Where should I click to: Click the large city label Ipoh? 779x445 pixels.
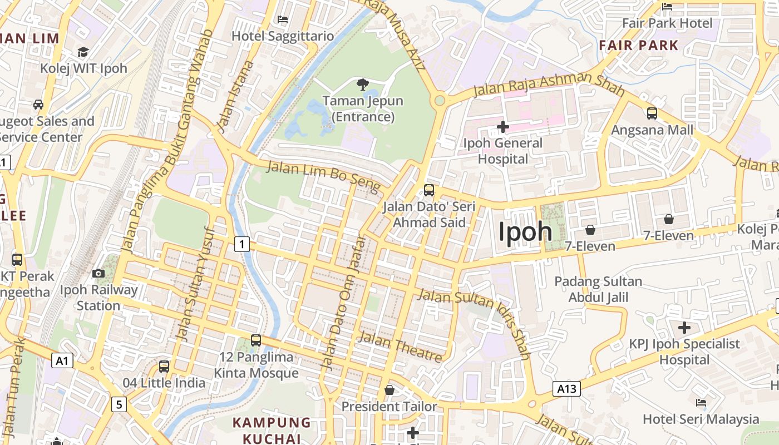click(x=525, y=232)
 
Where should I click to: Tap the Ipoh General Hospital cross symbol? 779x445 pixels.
click(x=502, y=127)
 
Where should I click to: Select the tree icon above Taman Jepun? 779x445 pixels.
click(x=363, y=85)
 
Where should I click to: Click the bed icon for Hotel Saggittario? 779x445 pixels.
click(x=282, y=19)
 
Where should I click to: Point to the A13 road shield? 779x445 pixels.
click(x=566, y=389)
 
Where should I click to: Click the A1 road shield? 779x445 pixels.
click(x=62, y=360)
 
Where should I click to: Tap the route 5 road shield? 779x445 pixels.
click(x=119, y=404)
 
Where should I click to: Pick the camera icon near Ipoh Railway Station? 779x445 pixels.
click(x=98, y=273)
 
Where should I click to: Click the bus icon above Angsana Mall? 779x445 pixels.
click(x=652, y=113)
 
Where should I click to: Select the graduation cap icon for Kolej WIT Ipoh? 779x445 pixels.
click(x=83, y=52)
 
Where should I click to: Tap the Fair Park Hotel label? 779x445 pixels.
click(x=667, y=23)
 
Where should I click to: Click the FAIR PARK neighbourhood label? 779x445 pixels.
click(x=638, y=45)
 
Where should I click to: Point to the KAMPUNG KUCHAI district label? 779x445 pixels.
click(x=272, y=430)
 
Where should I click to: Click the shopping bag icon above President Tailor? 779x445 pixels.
click(x=389, y=389)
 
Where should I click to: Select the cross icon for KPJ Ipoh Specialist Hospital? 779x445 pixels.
click(x=684, y=328)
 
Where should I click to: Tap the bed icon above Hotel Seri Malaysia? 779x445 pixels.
click(x=701, y=402)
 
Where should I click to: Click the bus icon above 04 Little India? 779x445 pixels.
click(x=164, y=367)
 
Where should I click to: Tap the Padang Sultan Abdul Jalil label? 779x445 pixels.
click(x=598, y=289)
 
